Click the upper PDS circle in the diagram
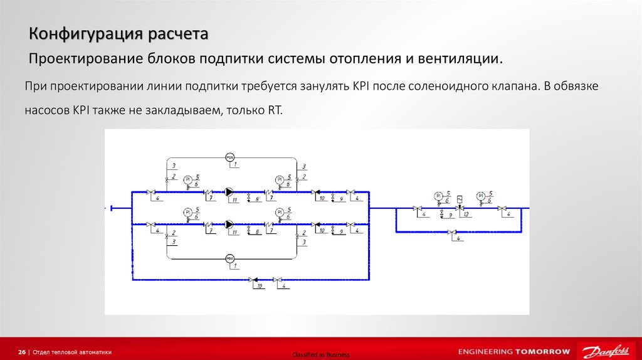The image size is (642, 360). (x=229, y=156)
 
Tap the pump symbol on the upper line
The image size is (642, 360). (x=229, y=192)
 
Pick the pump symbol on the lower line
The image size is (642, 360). (x=229, y=224)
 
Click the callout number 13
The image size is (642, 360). (x=466, y=214)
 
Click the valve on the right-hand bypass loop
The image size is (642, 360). (x=451, y=232)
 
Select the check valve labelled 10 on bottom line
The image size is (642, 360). (x=253, y=279)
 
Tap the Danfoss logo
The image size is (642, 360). (x=604, y=351)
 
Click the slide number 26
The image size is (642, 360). (x=22, y=352)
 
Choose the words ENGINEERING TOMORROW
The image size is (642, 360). (x=514, y=351)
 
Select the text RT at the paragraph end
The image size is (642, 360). (x=276, y=109)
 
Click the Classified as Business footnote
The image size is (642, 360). (x=320, y=355)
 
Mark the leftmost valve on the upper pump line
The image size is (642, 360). (x=150, y=192)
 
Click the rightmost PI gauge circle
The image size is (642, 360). (x=480, y=196)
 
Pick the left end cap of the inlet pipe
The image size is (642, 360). (x=110, y=208)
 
